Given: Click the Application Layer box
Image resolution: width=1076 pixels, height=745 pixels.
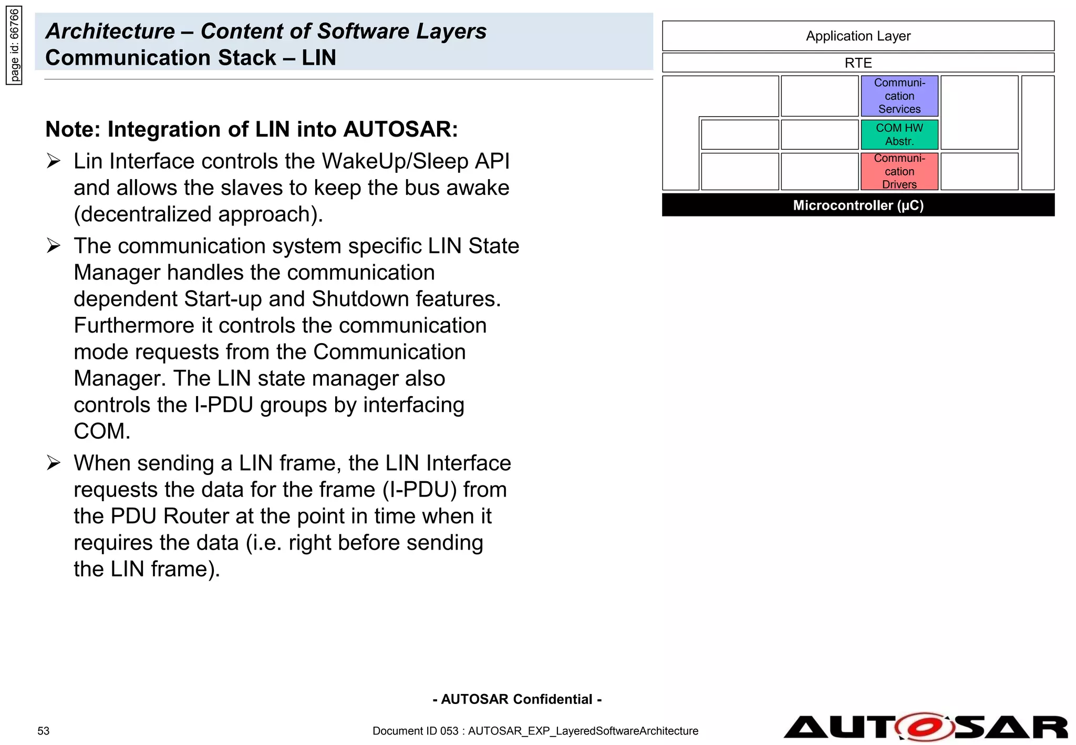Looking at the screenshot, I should coord(857,36).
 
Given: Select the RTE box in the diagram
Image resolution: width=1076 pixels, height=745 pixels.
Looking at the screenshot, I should coord(857,63).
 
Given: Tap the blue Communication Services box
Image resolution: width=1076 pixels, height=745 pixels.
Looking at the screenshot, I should coord(899,96).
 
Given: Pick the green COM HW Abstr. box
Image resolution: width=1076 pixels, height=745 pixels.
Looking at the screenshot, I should coord(899,134).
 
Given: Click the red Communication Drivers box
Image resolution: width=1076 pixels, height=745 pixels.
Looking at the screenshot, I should coord(899,171).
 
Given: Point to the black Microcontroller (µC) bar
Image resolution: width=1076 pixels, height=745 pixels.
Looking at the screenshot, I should coord(857,205).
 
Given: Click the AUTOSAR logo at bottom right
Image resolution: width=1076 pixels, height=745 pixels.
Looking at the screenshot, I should coord(925,727).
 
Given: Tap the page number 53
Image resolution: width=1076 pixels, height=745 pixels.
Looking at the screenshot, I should coord(43,731).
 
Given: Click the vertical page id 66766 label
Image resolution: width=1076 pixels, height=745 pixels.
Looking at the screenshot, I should coord(14,45).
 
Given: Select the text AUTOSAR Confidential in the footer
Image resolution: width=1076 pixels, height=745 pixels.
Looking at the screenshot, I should coord(517,699).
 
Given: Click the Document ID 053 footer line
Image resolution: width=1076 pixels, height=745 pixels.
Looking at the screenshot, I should coord(535,731).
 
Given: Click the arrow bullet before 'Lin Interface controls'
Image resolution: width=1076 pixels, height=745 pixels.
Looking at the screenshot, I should coord(54,161).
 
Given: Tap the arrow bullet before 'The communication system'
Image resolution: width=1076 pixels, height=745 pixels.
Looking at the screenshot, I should coord(54,245).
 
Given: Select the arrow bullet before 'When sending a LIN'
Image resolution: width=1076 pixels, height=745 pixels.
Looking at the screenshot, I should coord(54,463).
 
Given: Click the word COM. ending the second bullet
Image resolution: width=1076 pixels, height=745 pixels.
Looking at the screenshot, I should coord(102,431).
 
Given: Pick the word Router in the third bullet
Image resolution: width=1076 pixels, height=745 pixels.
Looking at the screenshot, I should coord(196,516).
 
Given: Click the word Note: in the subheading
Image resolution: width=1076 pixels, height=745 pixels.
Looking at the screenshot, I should coord(73,129).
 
